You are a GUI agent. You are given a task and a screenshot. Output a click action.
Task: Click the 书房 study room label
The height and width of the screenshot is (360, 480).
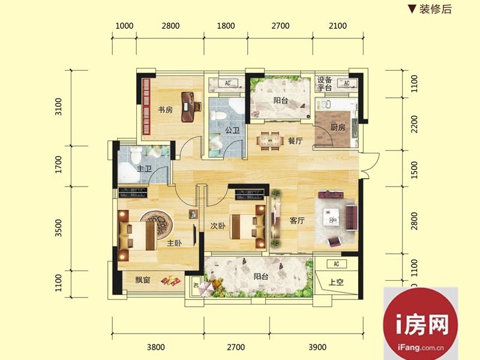coord(166,110)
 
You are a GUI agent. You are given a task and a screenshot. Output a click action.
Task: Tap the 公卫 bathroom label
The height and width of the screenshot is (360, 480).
coord(232,130)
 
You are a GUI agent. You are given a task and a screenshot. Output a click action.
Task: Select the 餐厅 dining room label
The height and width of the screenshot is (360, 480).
coord(295,141)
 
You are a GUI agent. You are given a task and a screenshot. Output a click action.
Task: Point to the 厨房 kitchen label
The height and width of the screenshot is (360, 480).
coord(338,127)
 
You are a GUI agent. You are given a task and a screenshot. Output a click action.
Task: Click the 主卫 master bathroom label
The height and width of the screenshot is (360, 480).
coord(144,169)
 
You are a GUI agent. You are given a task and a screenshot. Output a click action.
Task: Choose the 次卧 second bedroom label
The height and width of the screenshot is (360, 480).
coord(218,226)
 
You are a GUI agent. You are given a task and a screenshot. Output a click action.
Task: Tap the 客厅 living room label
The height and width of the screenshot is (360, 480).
coord(297,220)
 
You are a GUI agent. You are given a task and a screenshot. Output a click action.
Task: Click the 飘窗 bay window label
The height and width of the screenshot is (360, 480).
coord(143,280)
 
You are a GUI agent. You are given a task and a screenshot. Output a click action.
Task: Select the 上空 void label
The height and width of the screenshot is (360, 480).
coord(336,282)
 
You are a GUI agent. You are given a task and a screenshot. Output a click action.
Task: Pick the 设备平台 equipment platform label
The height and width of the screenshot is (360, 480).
coord(325,84)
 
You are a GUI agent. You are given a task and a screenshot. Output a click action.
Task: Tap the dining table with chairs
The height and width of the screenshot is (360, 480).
coord(269,141)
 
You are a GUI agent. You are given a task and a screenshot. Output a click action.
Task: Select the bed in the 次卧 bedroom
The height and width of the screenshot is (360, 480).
coord(247,227)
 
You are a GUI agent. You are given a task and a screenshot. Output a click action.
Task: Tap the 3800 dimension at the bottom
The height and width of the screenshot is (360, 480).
coord(156,347)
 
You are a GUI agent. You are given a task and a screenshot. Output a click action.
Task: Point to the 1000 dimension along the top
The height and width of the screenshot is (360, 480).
coord(124,26)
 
